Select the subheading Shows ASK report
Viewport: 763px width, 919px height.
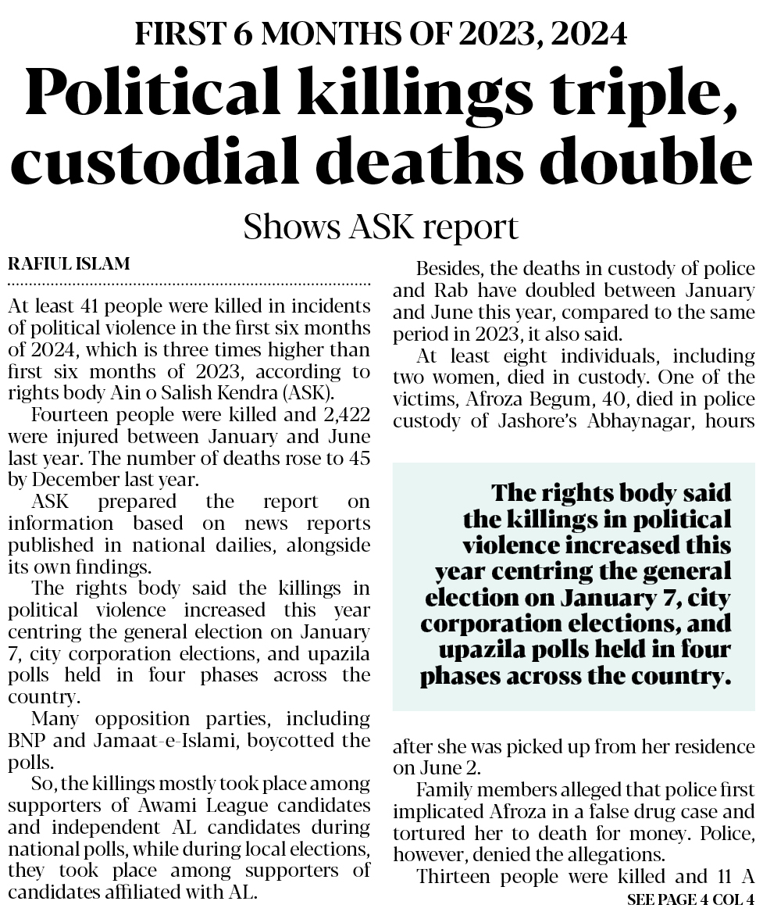tap(381, 227)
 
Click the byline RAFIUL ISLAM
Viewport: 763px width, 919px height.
tap(69, 263)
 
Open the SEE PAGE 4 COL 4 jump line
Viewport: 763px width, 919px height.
tap(691, 900)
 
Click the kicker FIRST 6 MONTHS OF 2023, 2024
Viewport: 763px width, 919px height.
tap(381, 34)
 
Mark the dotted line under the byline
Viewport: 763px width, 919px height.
tap(189, 283)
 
